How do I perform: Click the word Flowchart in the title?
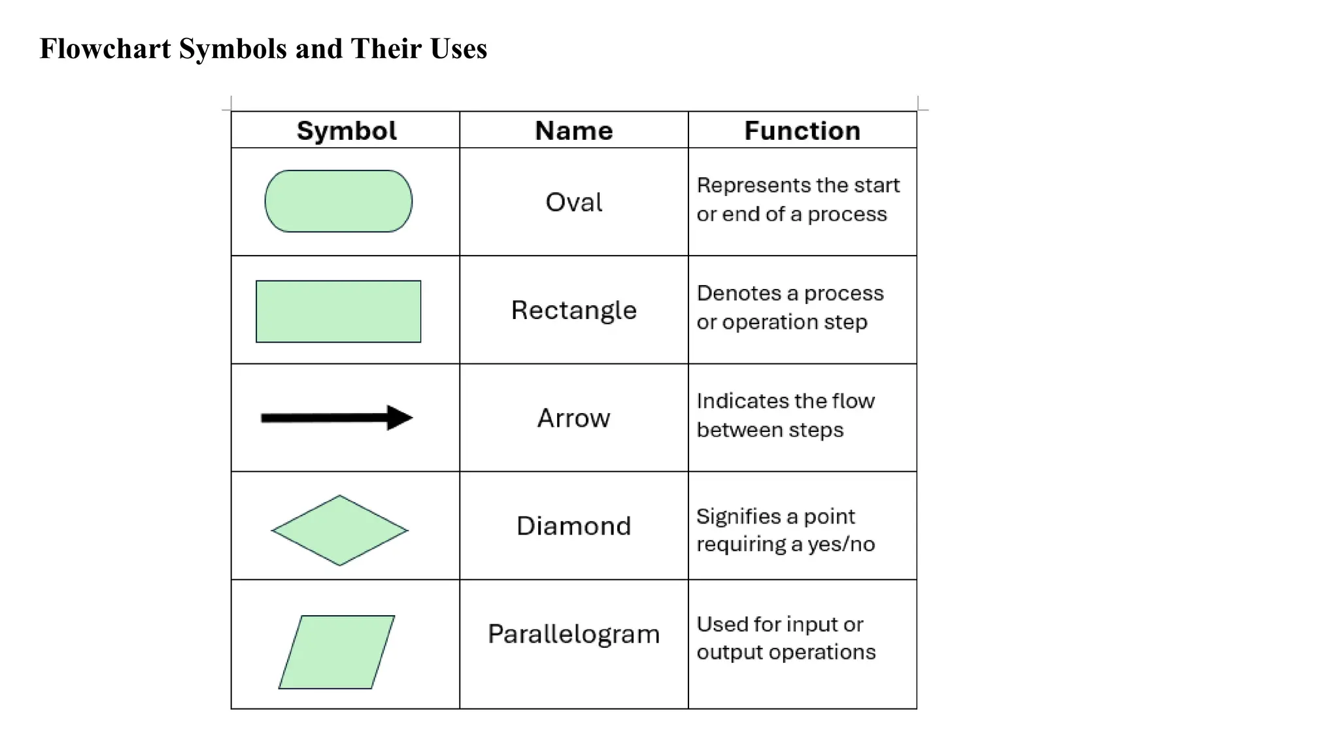tap(105, 49)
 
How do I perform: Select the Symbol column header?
tap(347, 131)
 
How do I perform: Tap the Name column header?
tap(574, 131)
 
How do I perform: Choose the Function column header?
tap(802, 131)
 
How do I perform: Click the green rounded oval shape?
tap(339, 201)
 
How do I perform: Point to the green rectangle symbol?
tap(339, 311)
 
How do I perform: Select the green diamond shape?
tap(340, 530)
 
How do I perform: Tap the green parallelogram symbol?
tap(337, 652)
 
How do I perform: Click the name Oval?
tap(574, 203)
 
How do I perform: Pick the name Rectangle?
tap(574, 310)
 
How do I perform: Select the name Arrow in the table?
tap(574, 418)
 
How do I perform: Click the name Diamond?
tap(574, 526)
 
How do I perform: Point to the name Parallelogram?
tap(574, 634)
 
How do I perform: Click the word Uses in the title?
tap(458, 49)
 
